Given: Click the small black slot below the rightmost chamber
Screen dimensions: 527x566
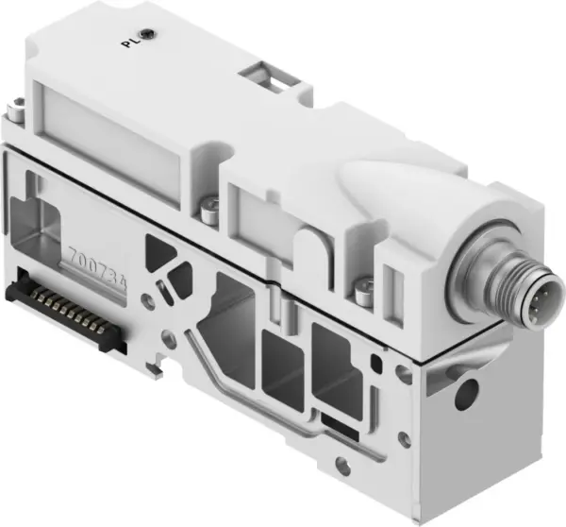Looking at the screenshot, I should tap(336, 416).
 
